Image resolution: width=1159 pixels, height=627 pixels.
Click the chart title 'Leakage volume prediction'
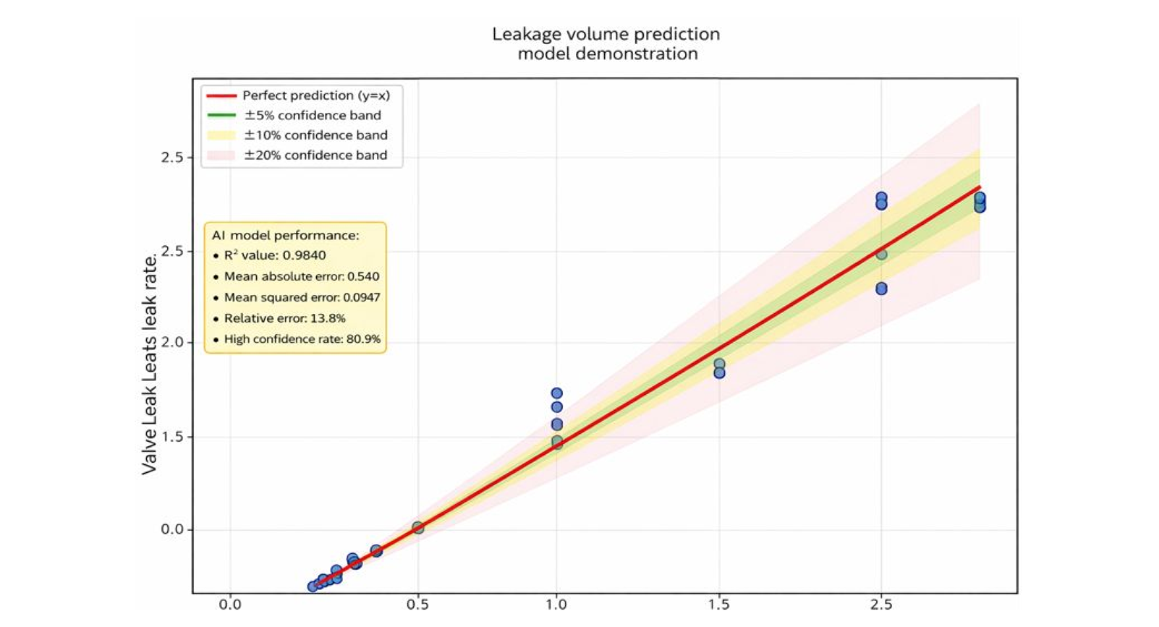pos(606,34)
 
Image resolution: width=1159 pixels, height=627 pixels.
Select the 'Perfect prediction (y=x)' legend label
pos(315,95)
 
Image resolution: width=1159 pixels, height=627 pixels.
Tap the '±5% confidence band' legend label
pos(312,115)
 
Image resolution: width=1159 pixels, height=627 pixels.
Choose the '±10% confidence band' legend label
pos(315,135)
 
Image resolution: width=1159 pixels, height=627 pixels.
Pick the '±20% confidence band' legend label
pos(315,155)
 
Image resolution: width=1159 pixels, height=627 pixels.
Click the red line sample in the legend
pos(221,95)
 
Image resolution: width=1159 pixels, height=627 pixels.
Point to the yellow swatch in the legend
pos(221,135)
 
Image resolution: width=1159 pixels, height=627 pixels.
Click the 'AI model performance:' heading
pos(285,235)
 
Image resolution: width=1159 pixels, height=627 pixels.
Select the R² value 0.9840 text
pos(275,255)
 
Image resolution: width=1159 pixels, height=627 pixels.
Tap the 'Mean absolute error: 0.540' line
pos(301,276)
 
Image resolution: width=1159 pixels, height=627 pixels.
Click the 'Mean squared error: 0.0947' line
pos(302,297)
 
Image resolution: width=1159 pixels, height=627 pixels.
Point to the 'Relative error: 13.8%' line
pos(284,318)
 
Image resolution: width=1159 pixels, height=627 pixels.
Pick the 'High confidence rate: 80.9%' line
pos(302,339)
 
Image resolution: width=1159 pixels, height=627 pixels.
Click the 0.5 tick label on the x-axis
pos(417,603)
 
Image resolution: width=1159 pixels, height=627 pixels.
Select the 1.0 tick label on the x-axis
pos(556,603)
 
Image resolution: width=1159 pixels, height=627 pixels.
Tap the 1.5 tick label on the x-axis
pos(719,603)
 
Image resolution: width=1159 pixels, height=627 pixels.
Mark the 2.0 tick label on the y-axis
pos(172,343)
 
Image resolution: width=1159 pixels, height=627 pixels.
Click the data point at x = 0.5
pos(417,528)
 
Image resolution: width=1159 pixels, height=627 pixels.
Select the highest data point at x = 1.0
pos(556,393)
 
